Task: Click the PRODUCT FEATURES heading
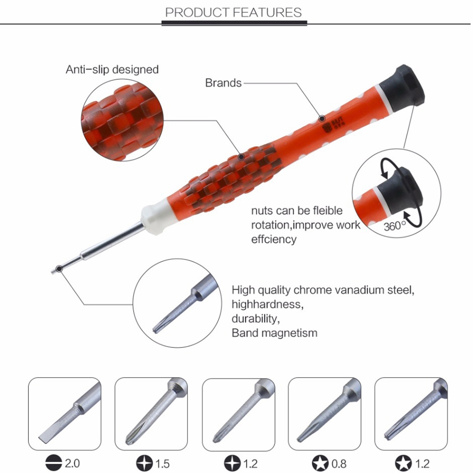[233, 12]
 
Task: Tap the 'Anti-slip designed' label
[112, 69]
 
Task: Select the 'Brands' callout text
[223, 83]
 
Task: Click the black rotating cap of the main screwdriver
[402, 87]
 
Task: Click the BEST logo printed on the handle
[333, 125]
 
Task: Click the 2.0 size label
[72, 463]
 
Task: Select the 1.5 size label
[162, 464]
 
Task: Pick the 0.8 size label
[339, 464]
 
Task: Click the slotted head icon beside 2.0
[54, 463]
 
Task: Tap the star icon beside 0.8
[320, 464]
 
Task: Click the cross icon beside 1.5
[144, 464]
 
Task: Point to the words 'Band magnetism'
[274, 333]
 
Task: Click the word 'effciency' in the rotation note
[274, 239]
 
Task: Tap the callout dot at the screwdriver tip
[59, 268]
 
